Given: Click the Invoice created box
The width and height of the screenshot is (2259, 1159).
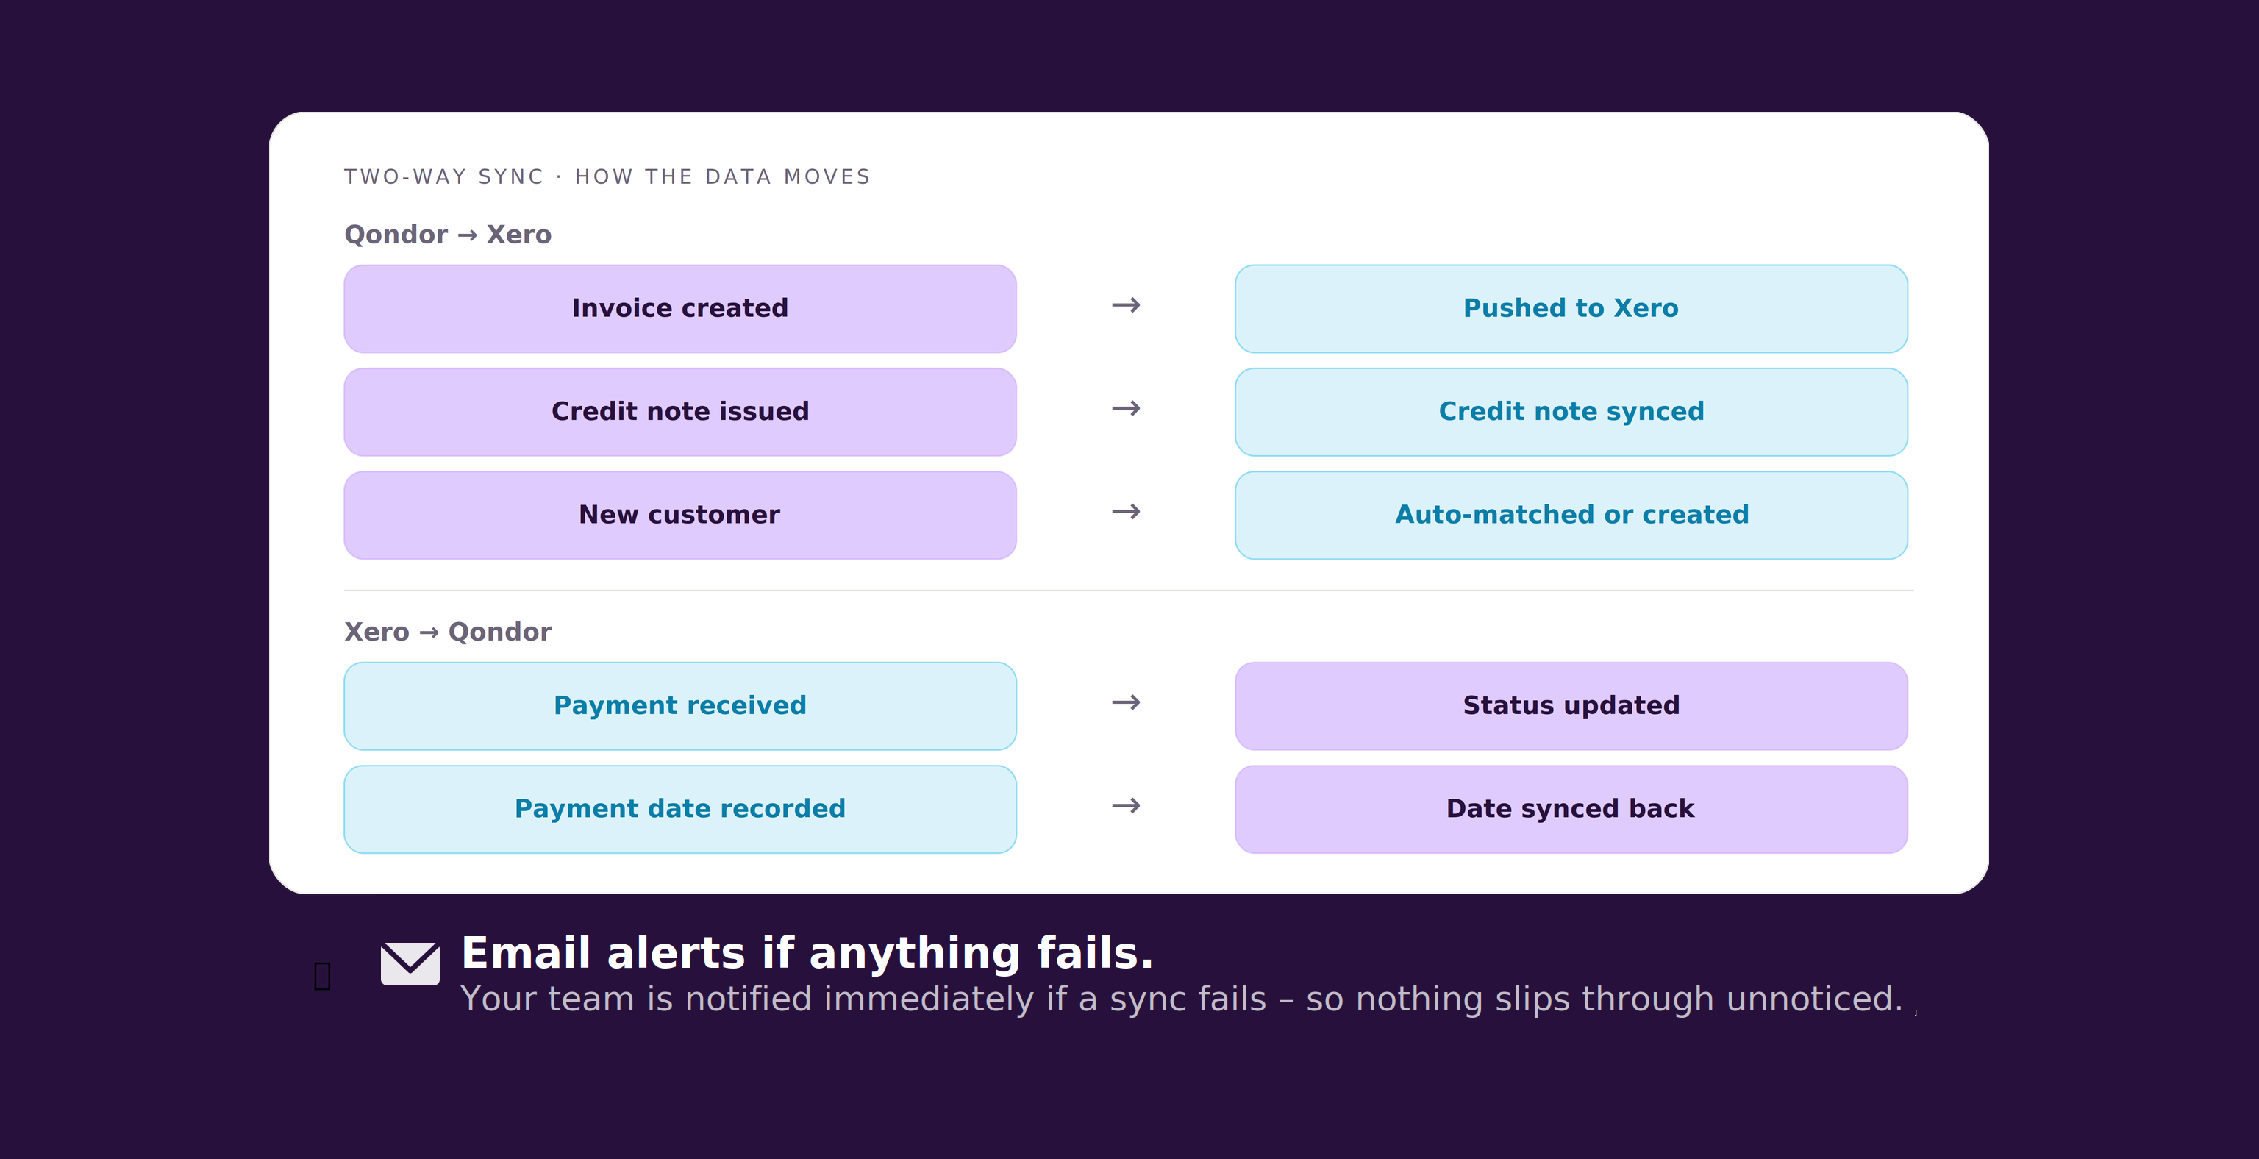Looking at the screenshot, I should click(x=679, y=309).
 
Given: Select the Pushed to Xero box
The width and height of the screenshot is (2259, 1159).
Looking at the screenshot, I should click(x=1571, y=309).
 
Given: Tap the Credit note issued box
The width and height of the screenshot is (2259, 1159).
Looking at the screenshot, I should click(x=679, y=411).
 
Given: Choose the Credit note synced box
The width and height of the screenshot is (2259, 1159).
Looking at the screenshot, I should click(x=1571, y=411).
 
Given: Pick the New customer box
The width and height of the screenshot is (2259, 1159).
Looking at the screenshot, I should click(x=679, y=515).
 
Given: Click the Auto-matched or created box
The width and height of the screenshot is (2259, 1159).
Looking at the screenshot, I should click(x=1571, y=515).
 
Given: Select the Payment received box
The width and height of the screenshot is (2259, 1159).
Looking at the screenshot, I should click(x=679, y=706).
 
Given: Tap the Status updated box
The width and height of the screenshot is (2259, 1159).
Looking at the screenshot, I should click(x=1571, y=706).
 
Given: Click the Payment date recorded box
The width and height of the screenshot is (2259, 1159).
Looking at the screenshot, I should click(x=679, y=808).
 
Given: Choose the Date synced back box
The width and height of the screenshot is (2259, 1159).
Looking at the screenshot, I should click(x=1571, y=808).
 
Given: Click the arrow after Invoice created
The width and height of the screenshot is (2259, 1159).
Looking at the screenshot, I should click(x=1126, y=305).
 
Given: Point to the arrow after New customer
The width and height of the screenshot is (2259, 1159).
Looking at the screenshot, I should click(x=1126, y=511).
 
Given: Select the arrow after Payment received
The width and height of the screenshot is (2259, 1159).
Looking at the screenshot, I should click(x=1126, y=702).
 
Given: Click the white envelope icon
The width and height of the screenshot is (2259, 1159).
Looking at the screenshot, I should click(x=410, y=963).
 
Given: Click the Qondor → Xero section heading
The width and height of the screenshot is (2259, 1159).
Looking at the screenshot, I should click(x=447, y=234).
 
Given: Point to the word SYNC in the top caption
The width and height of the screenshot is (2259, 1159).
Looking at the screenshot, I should click(x=510, y=177).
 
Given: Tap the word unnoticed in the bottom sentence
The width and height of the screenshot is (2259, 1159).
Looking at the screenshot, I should click(x=1813, y=999).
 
